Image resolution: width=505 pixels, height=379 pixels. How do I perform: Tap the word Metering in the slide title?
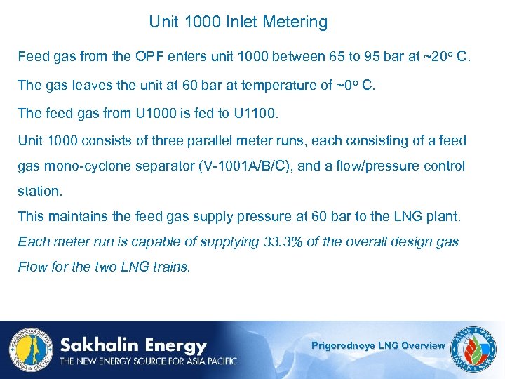pos(295,22)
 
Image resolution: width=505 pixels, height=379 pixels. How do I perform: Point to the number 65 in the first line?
pos(337,56)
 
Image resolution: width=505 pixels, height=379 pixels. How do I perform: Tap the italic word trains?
pos(171,267)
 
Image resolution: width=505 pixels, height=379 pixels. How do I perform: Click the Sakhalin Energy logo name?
pos(133,345)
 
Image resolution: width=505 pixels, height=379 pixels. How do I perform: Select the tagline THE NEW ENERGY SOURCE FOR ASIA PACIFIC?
pos(148,361)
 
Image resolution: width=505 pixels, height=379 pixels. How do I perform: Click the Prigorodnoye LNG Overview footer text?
pos(378,345)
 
